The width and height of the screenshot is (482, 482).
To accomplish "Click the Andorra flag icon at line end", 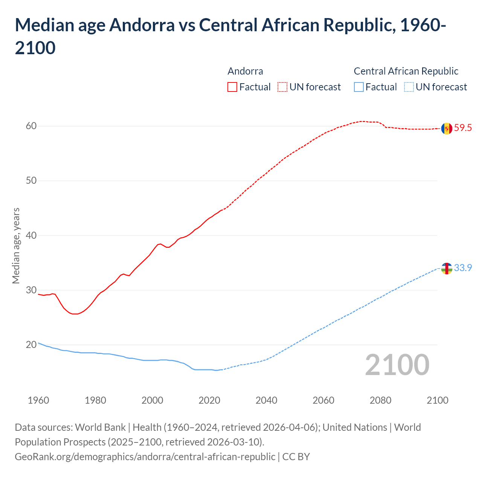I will [x=447, y=128].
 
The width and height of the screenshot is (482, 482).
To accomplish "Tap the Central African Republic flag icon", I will [x=447, y=268].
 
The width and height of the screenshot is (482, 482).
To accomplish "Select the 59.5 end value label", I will [x=463, y=128].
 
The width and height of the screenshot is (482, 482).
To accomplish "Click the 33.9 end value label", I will [x=463, y=268].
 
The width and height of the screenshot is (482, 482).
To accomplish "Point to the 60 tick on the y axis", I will [x=31, y=126].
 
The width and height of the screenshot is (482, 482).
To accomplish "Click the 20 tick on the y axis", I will [x=31, y=345].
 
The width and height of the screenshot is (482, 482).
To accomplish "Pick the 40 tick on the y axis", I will [x=31, y=236].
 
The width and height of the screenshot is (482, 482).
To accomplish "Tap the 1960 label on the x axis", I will [x=38, y=400].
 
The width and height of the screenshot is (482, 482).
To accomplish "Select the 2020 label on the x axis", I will [x=209, y=400].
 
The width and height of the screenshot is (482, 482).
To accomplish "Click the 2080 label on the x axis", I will [x=380, y=400].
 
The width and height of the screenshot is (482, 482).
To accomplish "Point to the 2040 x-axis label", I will [x=266, y=400].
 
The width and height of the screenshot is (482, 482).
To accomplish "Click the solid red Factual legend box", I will [x=232, y=87].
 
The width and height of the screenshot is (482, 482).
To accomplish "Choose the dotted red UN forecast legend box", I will [x=282, y=87].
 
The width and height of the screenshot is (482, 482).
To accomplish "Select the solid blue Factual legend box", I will [x=359, y=87].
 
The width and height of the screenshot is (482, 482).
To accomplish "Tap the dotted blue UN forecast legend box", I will [x=409, y=87].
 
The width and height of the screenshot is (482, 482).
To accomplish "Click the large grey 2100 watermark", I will [x=397, y=365].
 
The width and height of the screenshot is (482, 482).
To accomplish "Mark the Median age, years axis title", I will [x=16, y=246].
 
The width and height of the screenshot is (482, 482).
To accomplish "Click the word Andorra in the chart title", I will [x=142, y=25].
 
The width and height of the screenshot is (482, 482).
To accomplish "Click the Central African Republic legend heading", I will [x=406, y=71].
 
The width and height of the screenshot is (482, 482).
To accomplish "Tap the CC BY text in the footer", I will [x=296, y=457].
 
